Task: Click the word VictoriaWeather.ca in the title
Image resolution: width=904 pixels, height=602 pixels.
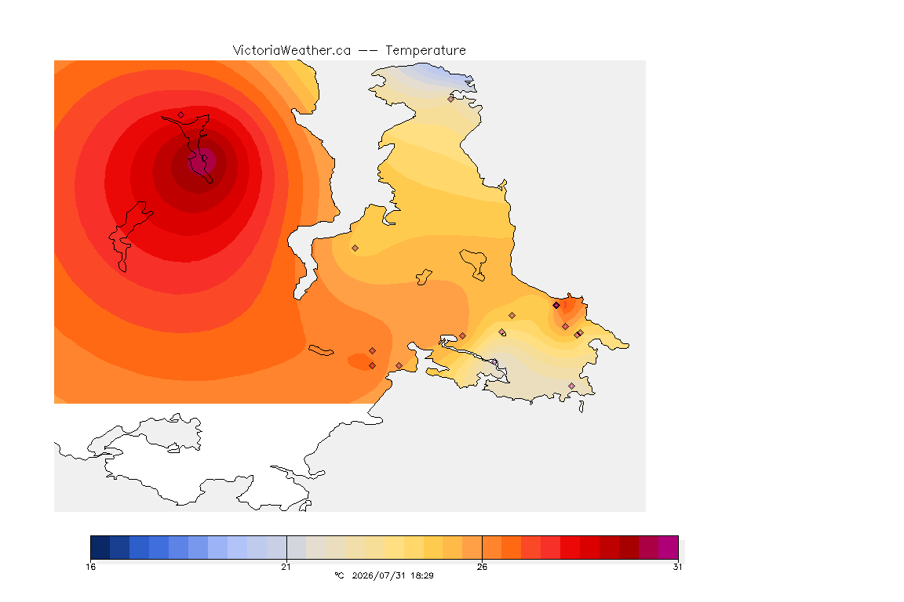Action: (292, 51)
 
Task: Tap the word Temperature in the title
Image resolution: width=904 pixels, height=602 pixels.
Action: (425, 51)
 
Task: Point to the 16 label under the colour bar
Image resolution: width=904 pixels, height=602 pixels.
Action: (90, 567)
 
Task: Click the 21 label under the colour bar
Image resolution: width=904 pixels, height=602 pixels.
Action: (286, 567)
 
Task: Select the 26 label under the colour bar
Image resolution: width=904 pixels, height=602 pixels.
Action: (482, 567)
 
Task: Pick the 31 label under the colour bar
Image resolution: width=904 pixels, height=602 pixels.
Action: (677, 567)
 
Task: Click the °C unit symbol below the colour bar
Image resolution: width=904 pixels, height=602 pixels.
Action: (339, 575)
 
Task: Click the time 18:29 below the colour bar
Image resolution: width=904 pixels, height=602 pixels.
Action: (422, 575)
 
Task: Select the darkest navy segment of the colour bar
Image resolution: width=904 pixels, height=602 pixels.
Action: (100, 547)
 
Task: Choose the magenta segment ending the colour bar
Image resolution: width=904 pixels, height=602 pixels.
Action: (669, 547)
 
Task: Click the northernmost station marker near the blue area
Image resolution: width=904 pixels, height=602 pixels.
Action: (451, 99)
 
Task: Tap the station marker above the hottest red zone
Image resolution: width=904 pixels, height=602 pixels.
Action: (181, 114)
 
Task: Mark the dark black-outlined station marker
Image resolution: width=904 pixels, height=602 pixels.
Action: (556, 306)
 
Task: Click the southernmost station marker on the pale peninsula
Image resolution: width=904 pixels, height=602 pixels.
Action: (571, 386)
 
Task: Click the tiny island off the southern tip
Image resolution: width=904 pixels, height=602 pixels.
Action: (581, 407)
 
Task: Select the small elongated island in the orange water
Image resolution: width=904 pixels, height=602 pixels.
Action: (321, 350)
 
